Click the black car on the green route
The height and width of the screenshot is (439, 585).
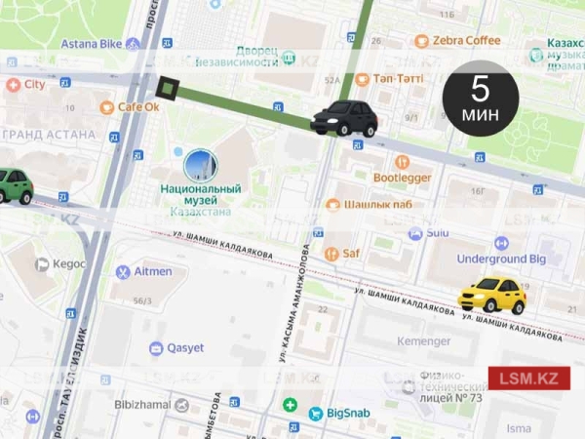344,117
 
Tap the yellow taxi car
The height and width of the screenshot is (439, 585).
492,295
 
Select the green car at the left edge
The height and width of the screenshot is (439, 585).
14,184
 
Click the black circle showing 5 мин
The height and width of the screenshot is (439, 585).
480,99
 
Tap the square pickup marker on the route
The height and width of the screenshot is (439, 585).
167,91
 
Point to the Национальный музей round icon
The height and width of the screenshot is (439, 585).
199,164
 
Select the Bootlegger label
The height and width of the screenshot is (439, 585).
402,178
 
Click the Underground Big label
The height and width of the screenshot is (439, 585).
502,259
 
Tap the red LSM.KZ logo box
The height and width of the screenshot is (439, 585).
528,379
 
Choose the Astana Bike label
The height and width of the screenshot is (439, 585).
94,44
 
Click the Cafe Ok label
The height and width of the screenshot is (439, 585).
137,106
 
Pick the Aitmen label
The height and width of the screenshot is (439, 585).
152,271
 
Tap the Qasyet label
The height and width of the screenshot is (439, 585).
185,348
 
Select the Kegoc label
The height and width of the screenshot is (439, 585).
68,263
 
